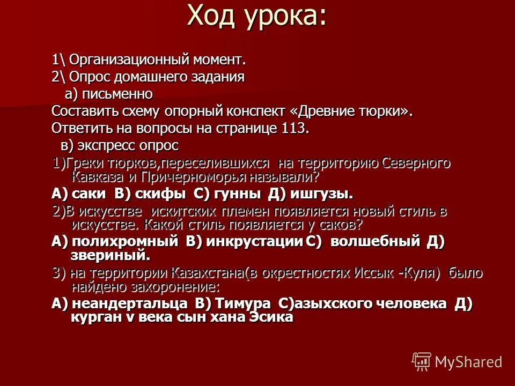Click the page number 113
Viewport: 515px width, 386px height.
[x=295, y=128]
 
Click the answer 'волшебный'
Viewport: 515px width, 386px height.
[x=375, y=241]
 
